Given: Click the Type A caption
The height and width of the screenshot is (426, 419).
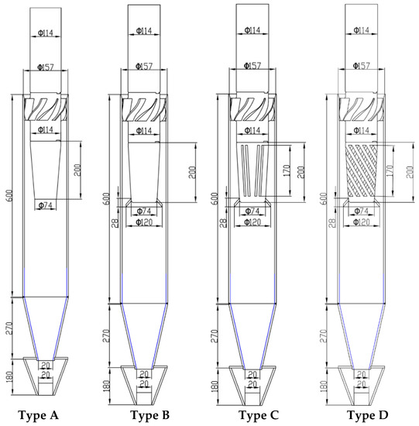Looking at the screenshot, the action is [38, 415].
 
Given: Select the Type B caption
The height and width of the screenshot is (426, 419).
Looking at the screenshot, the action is [150, 415].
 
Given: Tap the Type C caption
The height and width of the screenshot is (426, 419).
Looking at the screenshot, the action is [259, 415].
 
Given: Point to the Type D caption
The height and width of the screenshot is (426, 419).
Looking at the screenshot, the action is [367, 415].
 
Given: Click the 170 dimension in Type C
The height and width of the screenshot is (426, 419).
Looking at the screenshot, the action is [287, 170].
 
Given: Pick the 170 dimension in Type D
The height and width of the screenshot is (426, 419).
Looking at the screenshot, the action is [390, 170].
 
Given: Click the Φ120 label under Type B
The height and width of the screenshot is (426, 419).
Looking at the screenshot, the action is [144, 222].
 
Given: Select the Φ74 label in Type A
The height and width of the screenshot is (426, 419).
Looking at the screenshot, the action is [46, 205].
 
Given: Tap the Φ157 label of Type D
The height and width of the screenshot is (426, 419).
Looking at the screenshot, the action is [362, 66].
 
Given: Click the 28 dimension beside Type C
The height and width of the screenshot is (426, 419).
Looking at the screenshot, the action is [223, 223].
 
